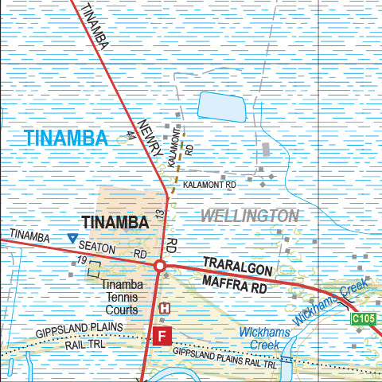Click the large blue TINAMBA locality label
[x=65, y=138]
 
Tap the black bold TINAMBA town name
[x=115, y=223]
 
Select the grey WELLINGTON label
[x=249, y=216]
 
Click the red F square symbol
[x=162, y=336]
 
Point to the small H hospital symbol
[x=165, y=309]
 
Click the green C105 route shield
[x=363, y=319]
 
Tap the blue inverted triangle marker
[x=72, y=238]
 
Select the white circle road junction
[x=159, y=265]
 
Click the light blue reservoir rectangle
[x=220, y=105]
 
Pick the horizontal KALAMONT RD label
[x=210, y=185]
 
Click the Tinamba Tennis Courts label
[x=123, y=298]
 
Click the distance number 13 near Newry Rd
[x=159, y=213]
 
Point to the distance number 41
[x=131, y=136]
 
